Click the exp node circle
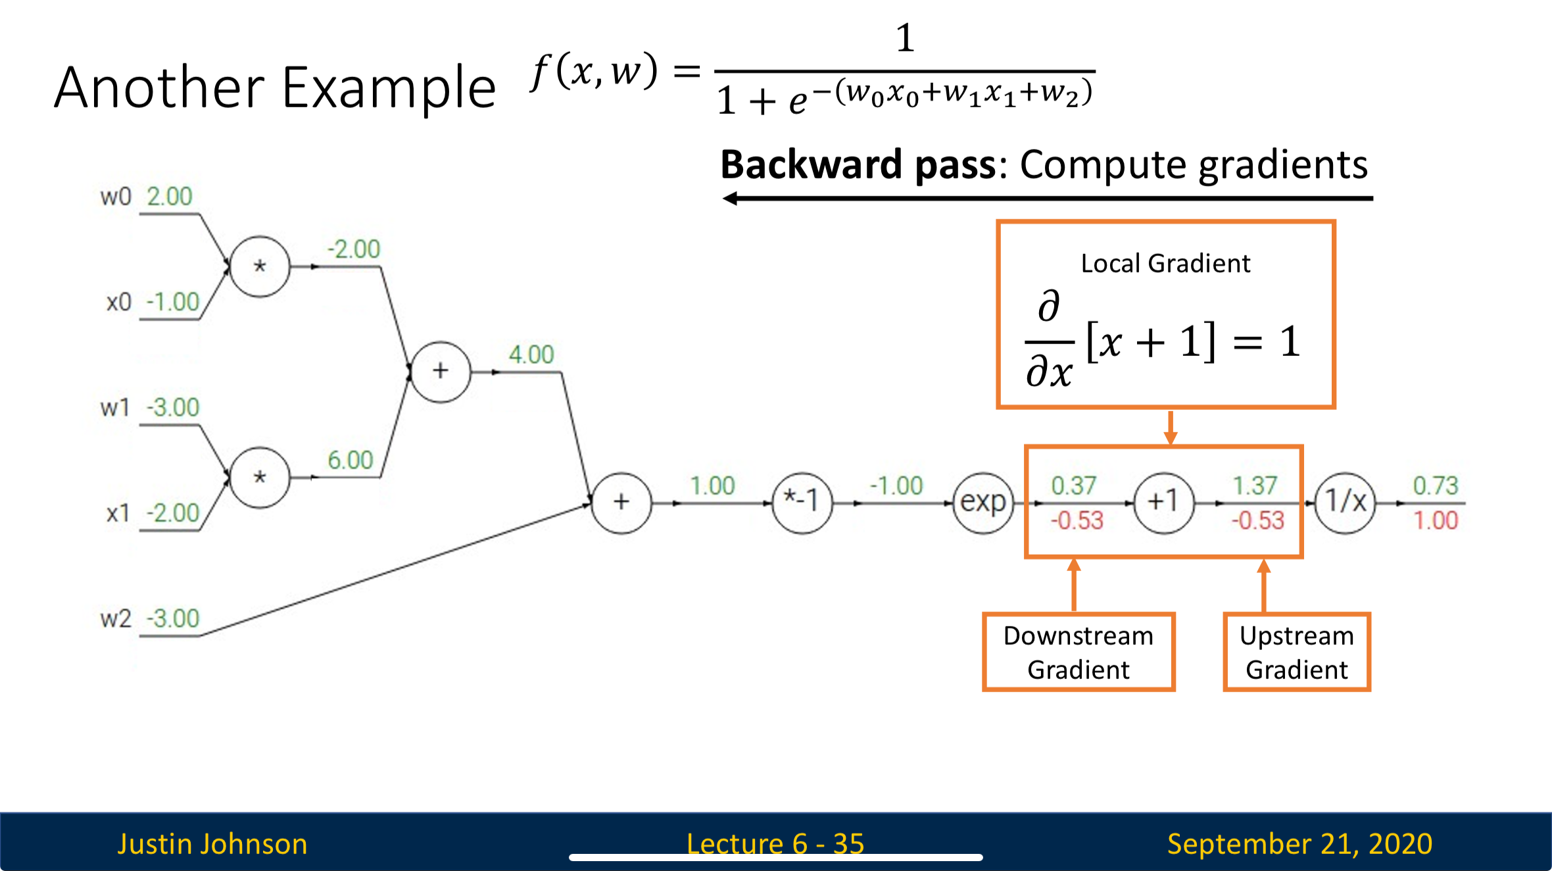(983, 503)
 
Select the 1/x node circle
(1345, 503)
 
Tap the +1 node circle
(1163, 503)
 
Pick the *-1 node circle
(802, 503)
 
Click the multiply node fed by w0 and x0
(260, 266)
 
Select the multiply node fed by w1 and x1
(260, 478)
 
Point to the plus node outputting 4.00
(441, 372)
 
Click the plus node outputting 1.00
(621, 503)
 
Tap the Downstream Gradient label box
(1079, 652)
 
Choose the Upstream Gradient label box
(1297, 652)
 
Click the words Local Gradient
(1165, 264)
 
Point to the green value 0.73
(1436, 485)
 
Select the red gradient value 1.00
(1436, 521)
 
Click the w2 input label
(116, 619)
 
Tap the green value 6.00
(351, 460)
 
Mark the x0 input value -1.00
(172, 302)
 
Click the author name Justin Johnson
(212, 844)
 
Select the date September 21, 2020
(1299, 844)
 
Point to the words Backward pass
(859, 164)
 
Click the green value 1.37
(1255, 485)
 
